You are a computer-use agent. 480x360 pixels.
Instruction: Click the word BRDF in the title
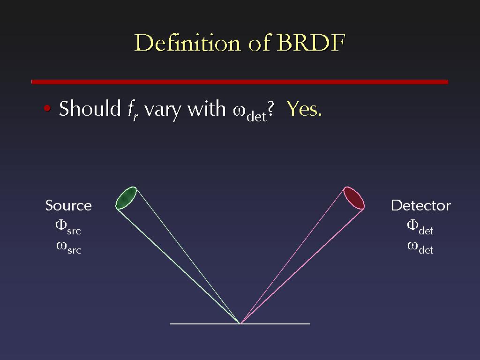[311, 43]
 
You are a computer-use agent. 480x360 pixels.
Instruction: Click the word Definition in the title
[187, 42]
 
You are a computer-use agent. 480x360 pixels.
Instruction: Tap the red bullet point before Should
[47, 108]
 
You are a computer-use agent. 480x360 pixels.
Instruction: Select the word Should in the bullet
[90, 108]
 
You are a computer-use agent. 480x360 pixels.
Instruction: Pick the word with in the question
[206, 108]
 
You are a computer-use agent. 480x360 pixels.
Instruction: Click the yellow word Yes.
[304, 109]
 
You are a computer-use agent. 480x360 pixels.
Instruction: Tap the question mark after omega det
[270, 109]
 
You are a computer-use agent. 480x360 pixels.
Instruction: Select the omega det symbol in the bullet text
[250, 112]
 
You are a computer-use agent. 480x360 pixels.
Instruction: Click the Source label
[68, 205]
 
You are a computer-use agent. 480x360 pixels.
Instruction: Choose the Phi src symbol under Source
[68, 227]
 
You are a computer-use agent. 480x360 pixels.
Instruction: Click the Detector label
[421, 205]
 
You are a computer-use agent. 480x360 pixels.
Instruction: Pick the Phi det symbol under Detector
[420, 227]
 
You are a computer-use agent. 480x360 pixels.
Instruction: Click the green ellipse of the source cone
[126, 198]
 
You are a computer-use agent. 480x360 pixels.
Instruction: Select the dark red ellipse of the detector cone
[354, 198]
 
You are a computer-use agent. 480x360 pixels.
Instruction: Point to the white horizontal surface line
[240, 323]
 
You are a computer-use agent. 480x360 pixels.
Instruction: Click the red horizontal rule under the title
[240, 82]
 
